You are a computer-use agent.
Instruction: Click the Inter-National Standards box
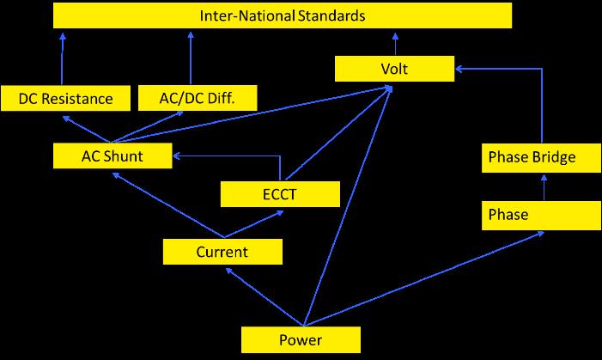pos(283,16)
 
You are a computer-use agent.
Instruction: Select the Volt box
pos(394,68)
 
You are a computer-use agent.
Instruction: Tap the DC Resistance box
pos(65,98)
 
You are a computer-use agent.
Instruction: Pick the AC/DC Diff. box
pos(198,98)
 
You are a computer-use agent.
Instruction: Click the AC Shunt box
pos(112,156)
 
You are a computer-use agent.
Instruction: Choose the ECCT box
pos(281,193)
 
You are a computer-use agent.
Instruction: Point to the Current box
pos(222,252)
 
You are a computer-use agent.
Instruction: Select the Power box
pos(301,339)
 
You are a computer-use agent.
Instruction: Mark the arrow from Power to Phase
pos(429,275)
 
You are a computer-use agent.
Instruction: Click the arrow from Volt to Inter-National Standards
pos(395,43)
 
